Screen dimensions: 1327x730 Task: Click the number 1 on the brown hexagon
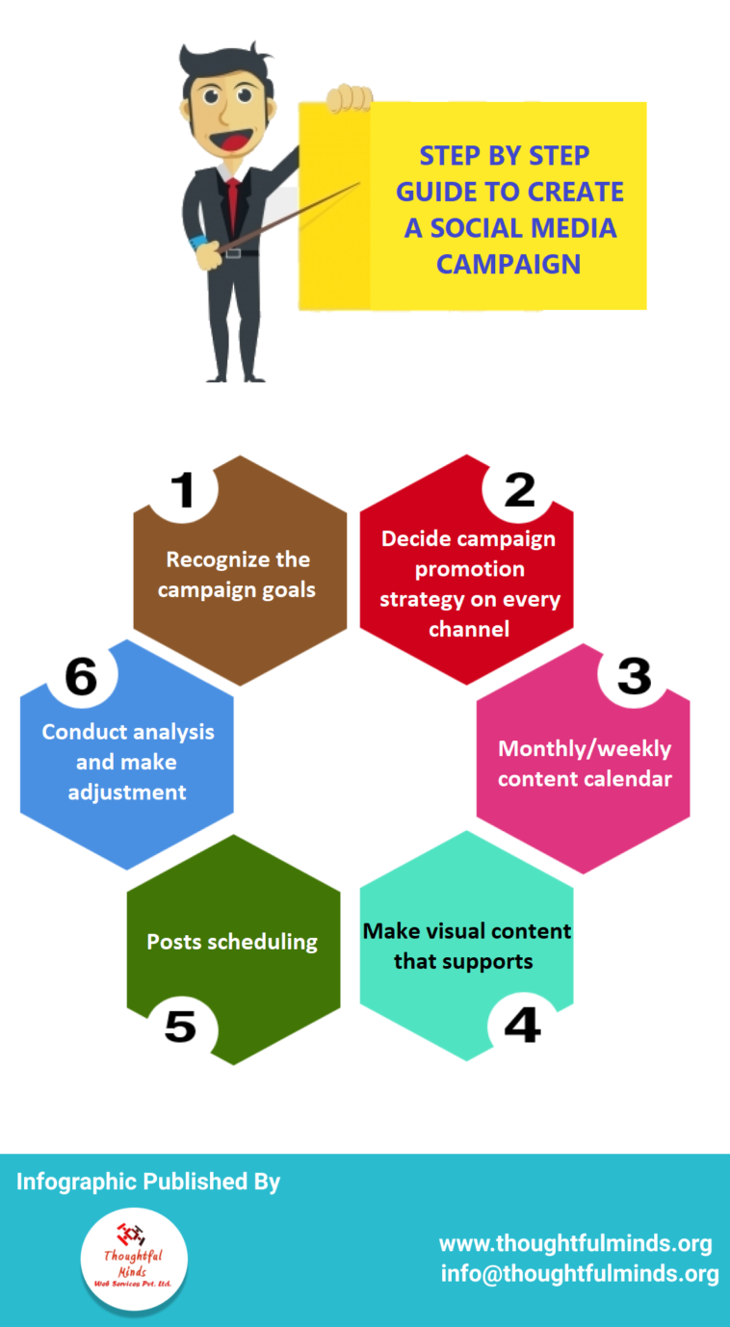point(182,490)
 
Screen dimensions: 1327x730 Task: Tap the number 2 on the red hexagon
point(519,490)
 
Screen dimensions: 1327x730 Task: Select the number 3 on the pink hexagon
point(634,676)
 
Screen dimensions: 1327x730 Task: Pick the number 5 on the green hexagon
point(180,1027)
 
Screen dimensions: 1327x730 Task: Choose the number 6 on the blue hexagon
point(81,677)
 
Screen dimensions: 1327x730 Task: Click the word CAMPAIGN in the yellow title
point(508,263)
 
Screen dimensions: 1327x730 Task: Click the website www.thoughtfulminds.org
point(575,1243)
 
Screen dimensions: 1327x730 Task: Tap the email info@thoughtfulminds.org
point(580,1274)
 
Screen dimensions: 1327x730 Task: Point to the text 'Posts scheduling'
point(232,941)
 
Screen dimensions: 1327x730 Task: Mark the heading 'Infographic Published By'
point(148,1182)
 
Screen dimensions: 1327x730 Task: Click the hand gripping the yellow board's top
point(349,99)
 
